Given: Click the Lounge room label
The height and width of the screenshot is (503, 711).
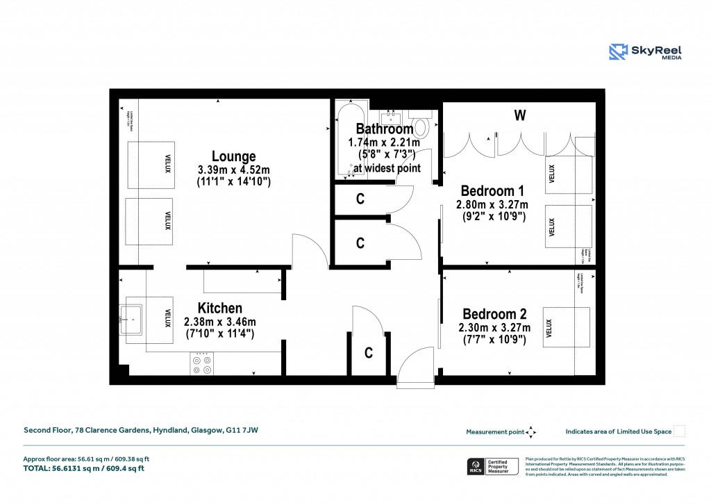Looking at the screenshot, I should tap(233, 157).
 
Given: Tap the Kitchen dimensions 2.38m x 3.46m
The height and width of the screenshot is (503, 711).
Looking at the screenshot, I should tap(219, 322).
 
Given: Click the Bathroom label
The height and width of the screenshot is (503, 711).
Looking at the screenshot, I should tap(384, 129).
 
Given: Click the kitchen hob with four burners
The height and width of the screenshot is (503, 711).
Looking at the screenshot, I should tap(202, 363).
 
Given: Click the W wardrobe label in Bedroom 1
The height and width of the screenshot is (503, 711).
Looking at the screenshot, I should tap(519, 116).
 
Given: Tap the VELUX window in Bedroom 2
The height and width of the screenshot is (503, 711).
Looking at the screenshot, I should tap(566, 327).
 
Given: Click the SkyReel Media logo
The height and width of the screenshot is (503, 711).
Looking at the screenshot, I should tap(645, 52).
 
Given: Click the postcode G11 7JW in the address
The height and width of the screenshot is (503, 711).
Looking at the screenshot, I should tap(242, 431).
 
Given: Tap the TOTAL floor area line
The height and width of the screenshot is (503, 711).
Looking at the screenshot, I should tap(83, 469).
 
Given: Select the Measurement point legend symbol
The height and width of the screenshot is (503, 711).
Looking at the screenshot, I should tap(530, 431).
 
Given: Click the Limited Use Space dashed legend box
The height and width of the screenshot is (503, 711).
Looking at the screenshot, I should tap(680, 431).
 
